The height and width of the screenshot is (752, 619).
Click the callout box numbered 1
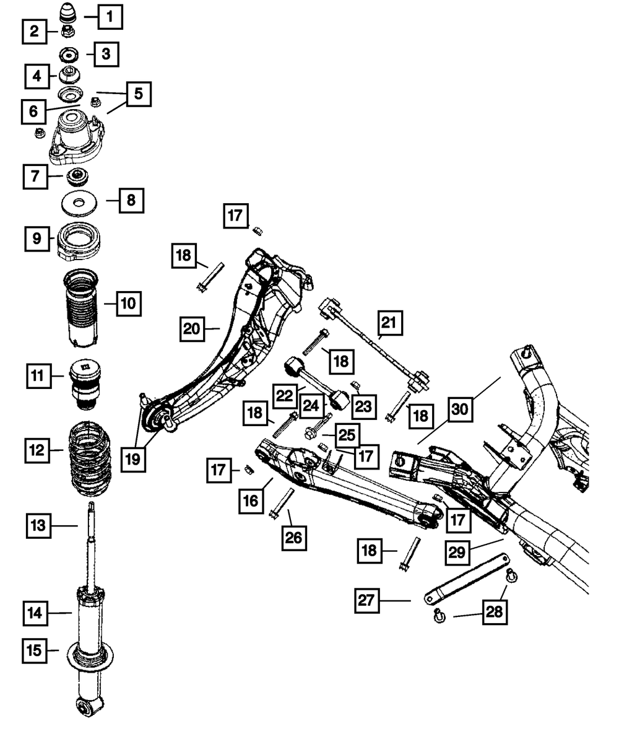tap(110, 17)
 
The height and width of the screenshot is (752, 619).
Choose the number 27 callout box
tap(367, 600)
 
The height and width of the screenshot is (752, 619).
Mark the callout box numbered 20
tap(193, 329)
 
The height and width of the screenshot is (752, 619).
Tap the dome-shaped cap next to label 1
tap(66, 14)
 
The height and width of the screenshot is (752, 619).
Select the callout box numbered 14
tap(37, 613)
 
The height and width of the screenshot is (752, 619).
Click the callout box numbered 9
tap(37, 238)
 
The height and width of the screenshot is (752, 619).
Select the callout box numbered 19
tap(134, 459)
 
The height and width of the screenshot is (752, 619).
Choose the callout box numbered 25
tap(346, 435)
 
